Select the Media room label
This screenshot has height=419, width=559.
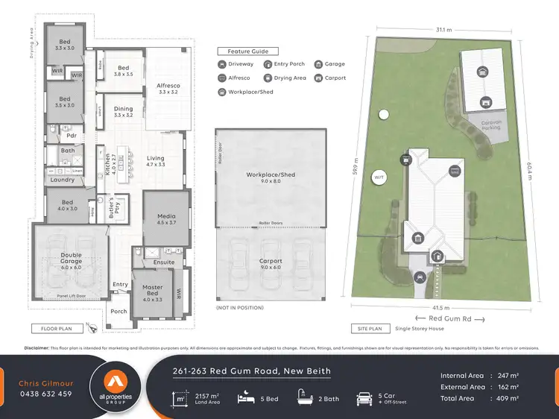click(166, 218)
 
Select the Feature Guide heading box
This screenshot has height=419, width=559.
click(248, 51)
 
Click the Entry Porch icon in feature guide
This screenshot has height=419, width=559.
click(267, 65)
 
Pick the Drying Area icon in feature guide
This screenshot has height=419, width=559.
click(267, 78)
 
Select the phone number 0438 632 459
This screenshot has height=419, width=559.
click(45, 394)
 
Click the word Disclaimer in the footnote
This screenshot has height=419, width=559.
click(37, 347)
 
